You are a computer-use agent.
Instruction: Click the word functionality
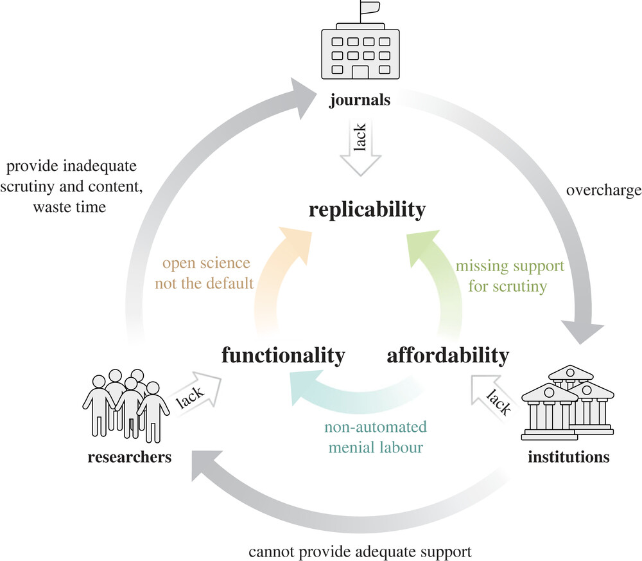click(x=283, y=355)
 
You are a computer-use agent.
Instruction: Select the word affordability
click(x=448, y=355)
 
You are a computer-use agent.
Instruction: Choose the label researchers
click(x=130, y=458)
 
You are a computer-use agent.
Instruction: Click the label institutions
click(x=568, y=458)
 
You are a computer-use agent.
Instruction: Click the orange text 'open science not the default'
click(x=207, y=273)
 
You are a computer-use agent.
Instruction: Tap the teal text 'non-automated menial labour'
click(x=374, y=437)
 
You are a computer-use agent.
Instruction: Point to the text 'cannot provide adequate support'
click(x=360, y=551)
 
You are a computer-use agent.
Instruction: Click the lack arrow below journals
click(x=360, y=153)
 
